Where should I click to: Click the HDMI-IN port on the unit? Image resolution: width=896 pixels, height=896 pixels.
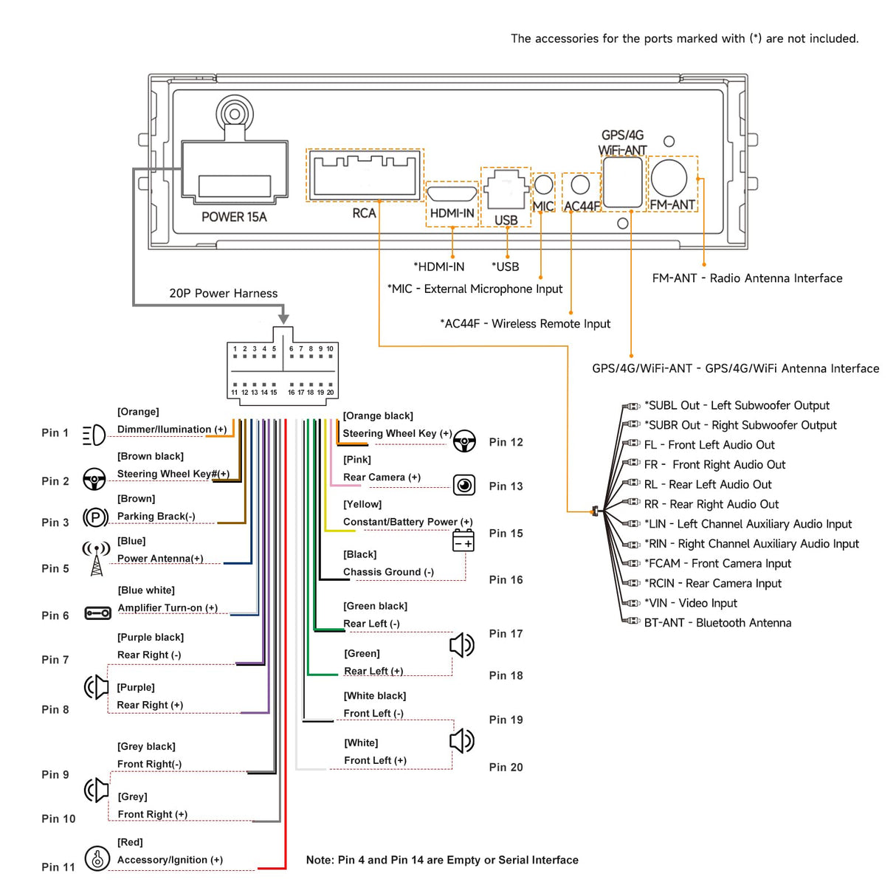tap(452, 194)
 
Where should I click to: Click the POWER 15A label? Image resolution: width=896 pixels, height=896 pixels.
tap(234, 217)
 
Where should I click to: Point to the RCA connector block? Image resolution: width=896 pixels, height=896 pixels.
tap(365, 175)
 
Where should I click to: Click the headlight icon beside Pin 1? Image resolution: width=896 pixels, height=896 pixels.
tap(94, 435)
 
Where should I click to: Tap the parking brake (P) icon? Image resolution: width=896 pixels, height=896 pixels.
tap(95, 517)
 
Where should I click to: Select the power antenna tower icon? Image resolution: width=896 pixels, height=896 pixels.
tap(96, 559)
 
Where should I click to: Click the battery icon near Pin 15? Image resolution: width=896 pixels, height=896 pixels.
tap(463, 540)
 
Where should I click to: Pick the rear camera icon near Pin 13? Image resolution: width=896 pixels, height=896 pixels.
tap(464, 485)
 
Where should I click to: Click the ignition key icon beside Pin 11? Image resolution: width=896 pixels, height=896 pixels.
tap(97, 858)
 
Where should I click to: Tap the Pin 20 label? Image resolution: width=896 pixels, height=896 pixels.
tap(506, 768)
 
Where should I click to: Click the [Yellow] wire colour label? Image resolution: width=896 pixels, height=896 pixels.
tap(362, 504)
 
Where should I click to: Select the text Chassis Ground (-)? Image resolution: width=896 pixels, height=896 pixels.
tap(388, 572)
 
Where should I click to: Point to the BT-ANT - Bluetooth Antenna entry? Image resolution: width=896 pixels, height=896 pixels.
tap(717, 623)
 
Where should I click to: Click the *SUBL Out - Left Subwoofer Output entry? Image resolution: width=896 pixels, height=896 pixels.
tap(737, 405)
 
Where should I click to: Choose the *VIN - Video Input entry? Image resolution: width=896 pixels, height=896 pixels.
tap(690, 603)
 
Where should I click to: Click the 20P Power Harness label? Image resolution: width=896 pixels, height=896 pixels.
tap(224, 293)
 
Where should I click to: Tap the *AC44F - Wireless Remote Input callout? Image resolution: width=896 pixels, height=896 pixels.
tap(525, 323)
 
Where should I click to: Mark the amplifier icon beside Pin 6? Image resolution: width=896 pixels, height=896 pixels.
tap(97, 613)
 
